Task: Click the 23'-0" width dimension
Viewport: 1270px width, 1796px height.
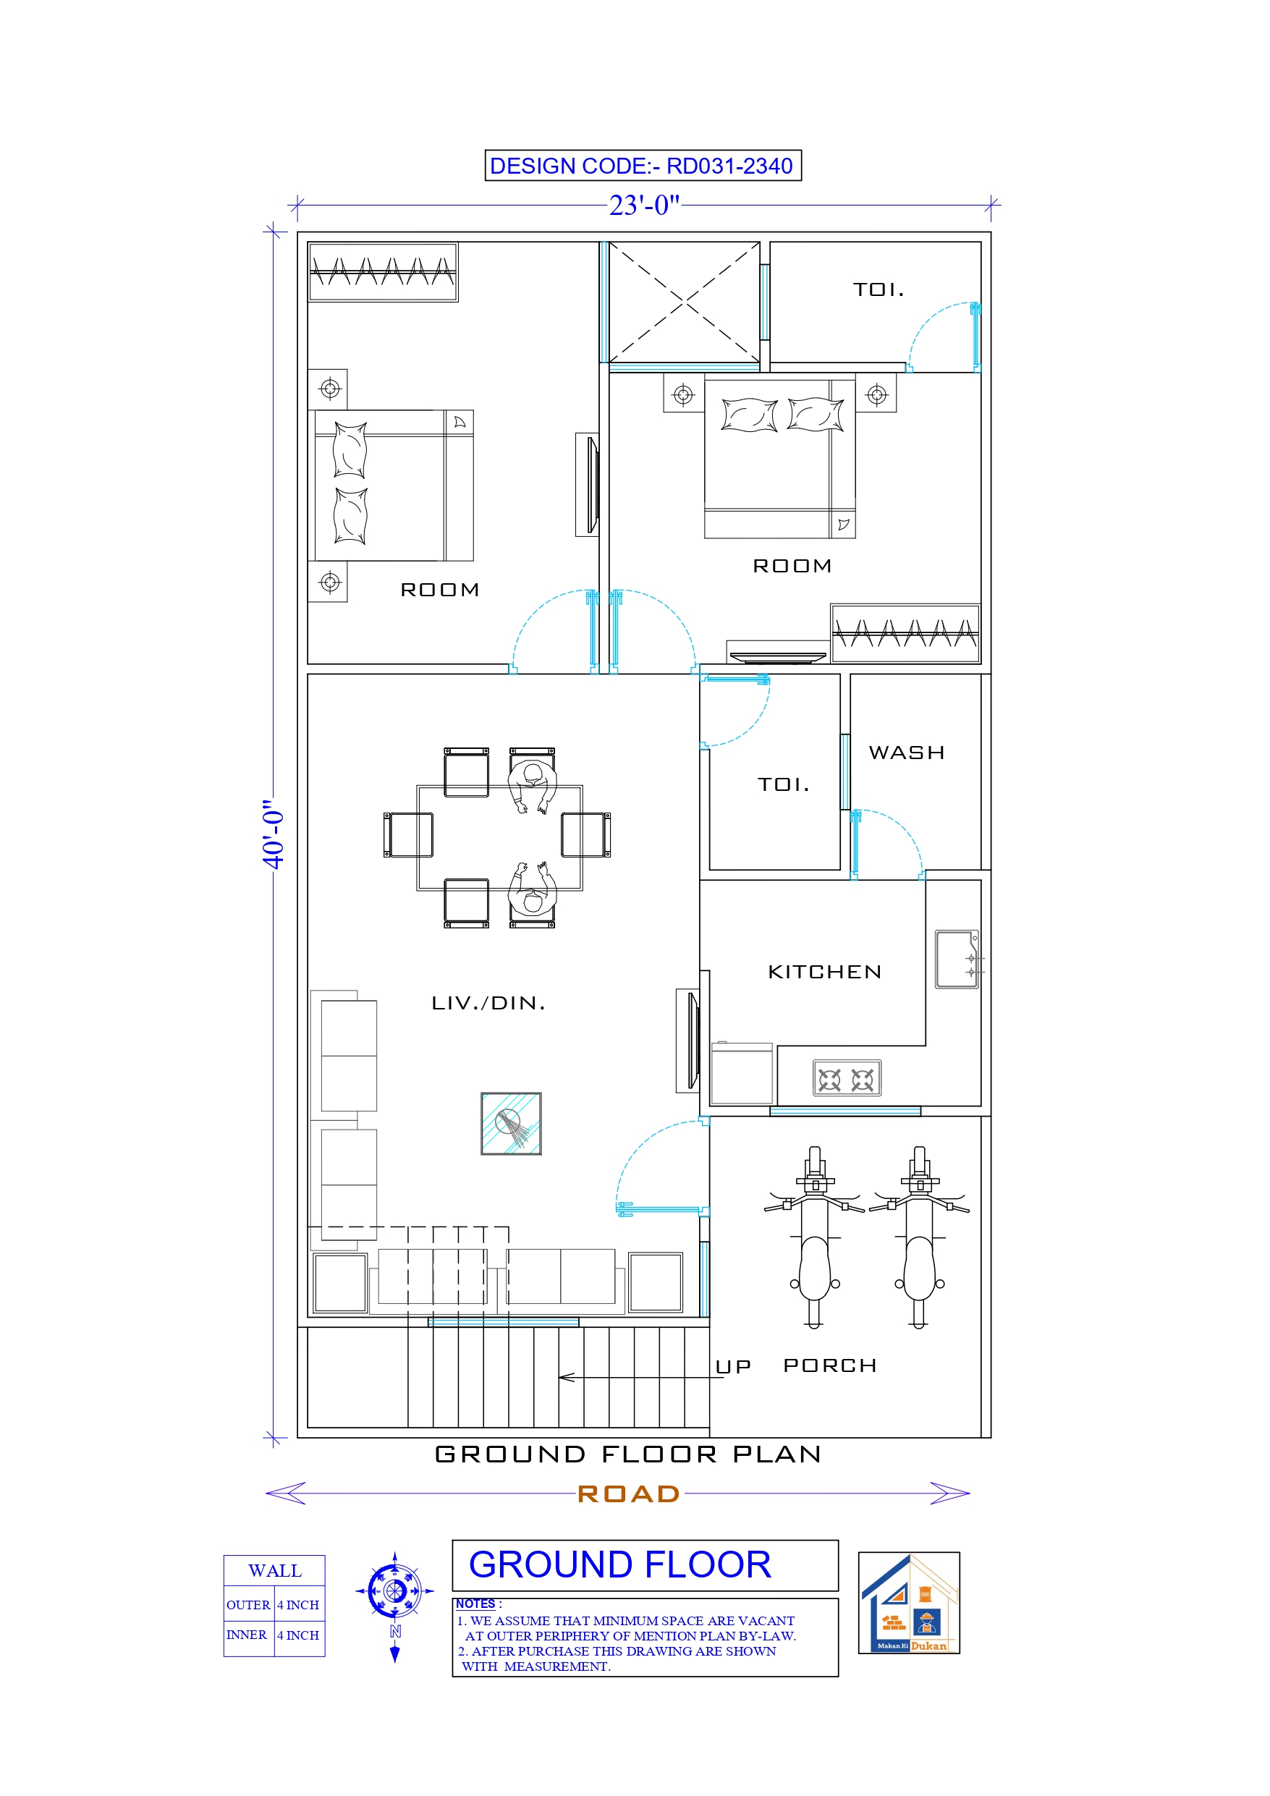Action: click(x=644, y=205)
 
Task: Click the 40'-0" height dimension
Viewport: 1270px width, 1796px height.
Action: click(x=273, y=834)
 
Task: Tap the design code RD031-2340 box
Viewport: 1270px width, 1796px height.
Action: click(x=643, y=166)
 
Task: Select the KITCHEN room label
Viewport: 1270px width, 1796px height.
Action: click(x=824, y=972)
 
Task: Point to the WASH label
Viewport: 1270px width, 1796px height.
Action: click(x=906, y=753)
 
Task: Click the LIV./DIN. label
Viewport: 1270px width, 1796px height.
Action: click(x=488, y=1003)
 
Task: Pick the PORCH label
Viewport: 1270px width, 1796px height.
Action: click(x=829, y=1365)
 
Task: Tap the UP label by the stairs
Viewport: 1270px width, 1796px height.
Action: click(x=733, y=1367)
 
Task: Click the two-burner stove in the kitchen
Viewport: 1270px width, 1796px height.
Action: click(x=846, y=1078)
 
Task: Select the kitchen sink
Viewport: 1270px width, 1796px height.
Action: click(x=956, y=959)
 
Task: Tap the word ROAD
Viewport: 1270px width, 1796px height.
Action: click(x=628, y=1494)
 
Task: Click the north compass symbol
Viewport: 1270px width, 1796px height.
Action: click(x=395, y=1591)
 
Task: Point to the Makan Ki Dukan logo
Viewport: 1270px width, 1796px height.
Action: click(x=908, y=1602)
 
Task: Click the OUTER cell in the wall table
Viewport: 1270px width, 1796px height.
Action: click(x=248, y=1605)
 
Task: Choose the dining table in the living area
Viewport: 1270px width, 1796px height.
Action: click(x=499, y=837)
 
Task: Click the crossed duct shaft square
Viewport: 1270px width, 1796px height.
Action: click(x=684, y=302)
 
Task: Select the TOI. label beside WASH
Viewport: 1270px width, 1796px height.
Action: click(x=782, y=784)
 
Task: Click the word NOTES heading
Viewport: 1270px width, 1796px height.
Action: click(x=475, y=1604)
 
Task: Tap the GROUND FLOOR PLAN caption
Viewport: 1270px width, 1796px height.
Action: click(x=628, y=1454)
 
